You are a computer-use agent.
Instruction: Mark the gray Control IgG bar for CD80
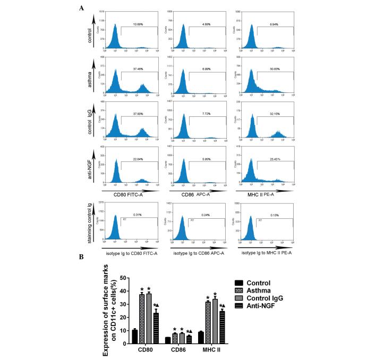(149, 319)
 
